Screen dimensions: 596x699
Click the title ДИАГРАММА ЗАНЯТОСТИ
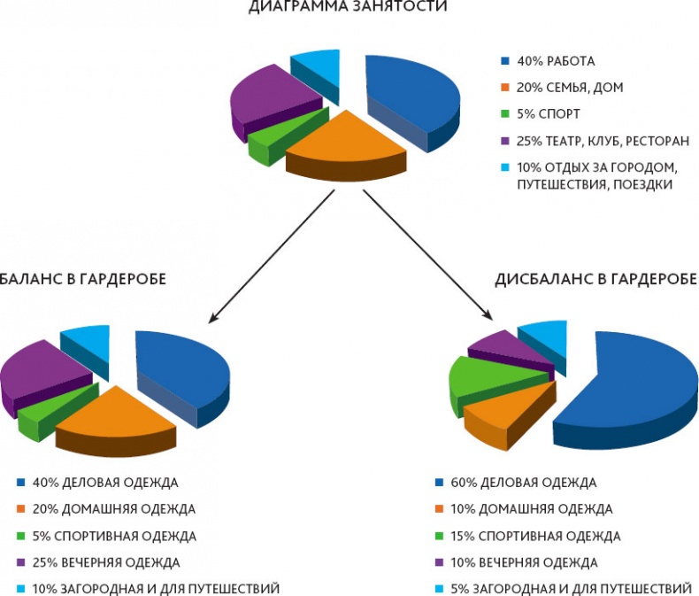click(x=348, y=7)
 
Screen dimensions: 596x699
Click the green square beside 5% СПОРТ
click(x=505, y=113)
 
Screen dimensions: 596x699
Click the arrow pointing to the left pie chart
click(x=265, y=258)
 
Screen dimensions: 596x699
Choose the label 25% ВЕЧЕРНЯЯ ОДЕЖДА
click(x=105, y=562)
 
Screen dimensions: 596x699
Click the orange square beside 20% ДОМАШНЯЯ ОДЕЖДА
click(x=20, y=510)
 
